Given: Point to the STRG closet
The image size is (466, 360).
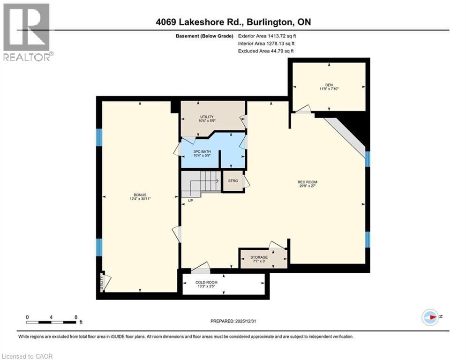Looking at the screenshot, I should [x=233, y=181].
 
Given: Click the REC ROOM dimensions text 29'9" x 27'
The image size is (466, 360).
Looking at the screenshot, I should [x=308, y=186].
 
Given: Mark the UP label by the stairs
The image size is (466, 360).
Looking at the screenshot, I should [x=190, y=201].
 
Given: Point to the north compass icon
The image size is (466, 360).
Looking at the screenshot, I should [x=430, y=317].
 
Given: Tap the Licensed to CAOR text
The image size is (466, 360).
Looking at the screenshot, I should [x=27, y=356].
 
